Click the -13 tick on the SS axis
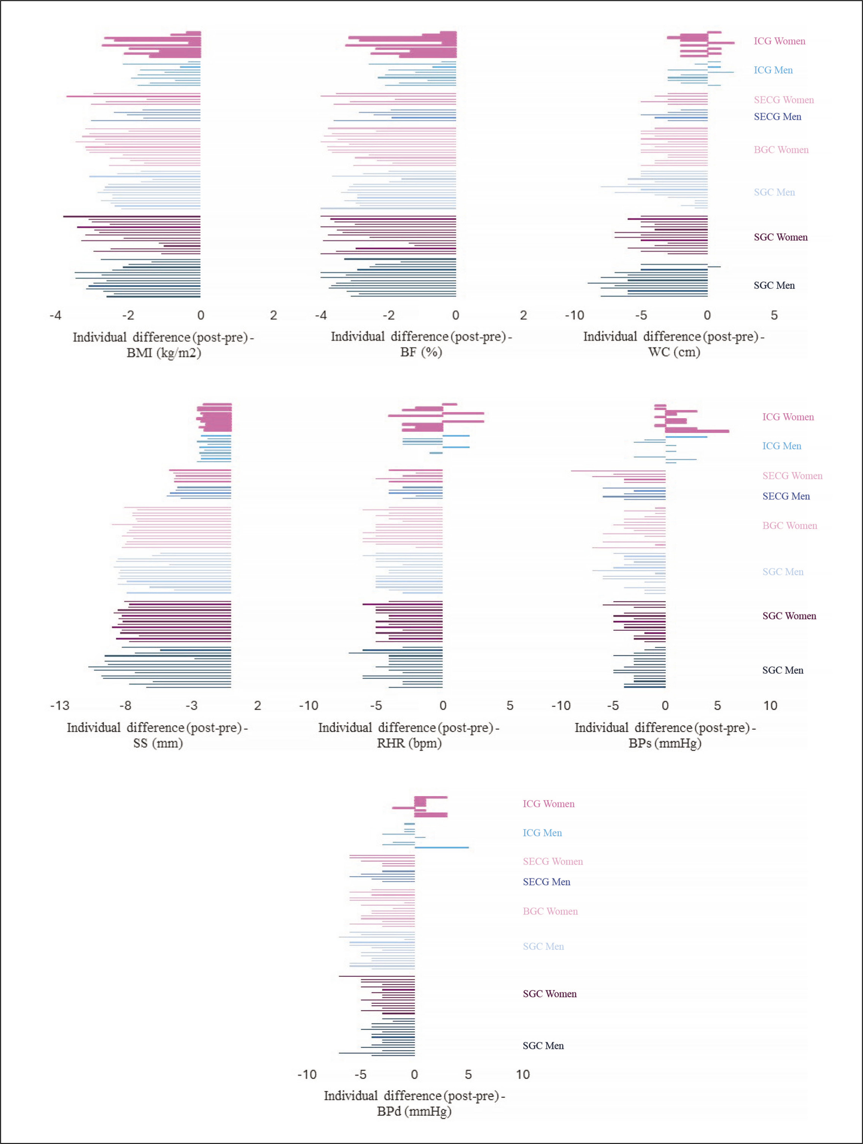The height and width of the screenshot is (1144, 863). (59, 706)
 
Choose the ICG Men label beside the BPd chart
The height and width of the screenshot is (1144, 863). (542, 833)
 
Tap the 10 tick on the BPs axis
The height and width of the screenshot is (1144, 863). (770, 706)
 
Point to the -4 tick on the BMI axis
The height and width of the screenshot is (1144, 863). (55, 315)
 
